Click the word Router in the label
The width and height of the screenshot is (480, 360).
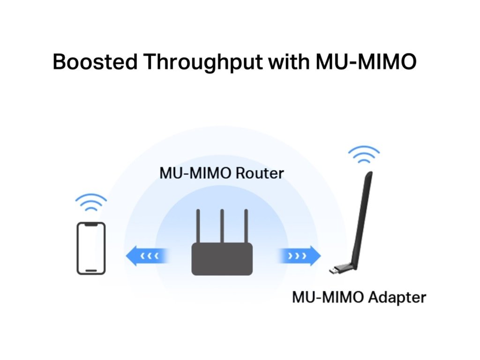[x=259, y=173]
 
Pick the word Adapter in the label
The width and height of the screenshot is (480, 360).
[x=398, y=297]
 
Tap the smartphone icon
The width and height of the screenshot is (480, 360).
[x=91, y=248]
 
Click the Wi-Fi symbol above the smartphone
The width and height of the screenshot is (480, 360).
[x=91, y=202]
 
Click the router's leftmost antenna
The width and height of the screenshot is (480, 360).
[x=198, y=226]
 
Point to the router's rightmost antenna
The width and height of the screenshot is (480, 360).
[x=246, y=226]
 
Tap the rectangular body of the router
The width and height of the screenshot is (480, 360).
[x=222, y=259]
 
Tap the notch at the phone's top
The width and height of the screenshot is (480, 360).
[x=91, y=225]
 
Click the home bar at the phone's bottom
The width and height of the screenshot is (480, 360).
[x=91, y=270]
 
